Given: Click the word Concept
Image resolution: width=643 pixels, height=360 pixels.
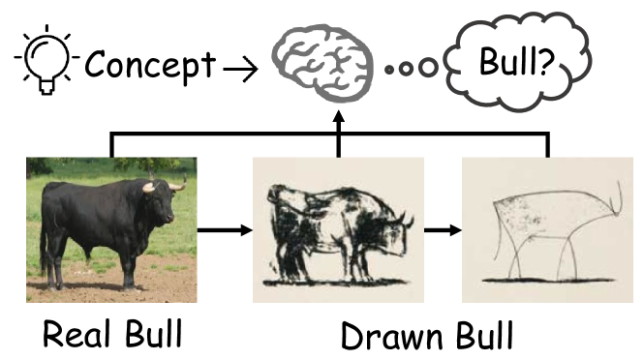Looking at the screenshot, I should click(x=150, y=66).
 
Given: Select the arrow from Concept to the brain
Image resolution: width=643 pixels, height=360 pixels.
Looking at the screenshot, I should click(x=240, y=68).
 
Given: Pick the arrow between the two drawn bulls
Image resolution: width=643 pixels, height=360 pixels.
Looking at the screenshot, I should click(x=444, y=231).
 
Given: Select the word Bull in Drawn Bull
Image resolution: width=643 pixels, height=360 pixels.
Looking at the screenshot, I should click(x=479, y=335).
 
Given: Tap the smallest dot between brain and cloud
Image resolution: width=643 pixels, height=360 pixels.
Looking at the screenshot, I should click(x=389, y=70).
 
